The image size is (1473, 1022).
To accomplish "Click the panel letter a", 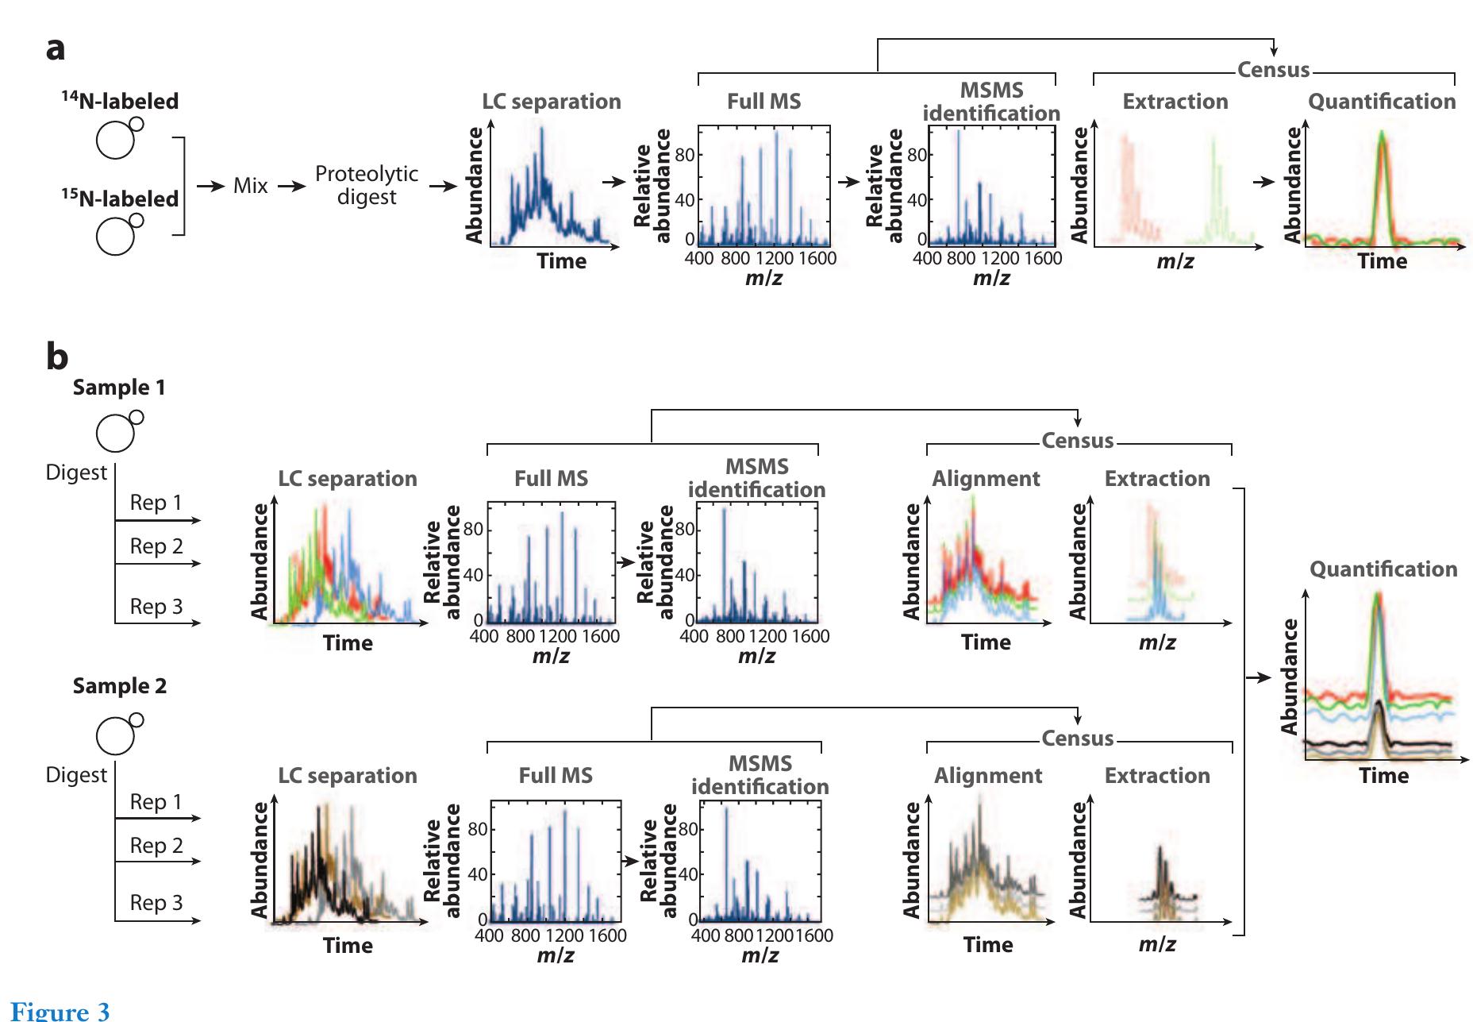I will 56,49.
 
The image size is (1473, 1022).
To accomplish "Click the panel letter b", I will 57,357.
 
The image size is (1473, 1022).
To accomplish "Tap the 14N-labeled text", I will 120,101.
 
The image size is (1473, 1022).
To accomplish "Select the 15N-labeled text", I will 120,198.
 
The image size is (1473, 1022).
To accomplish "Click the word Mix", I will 250,186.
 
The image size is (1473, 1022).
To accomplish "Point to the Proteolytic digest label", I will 366,185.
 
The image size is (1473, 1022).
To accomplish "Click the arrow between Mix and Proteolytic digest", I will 291,186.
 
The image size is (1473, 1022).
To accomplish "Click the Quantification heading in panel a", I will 1382,102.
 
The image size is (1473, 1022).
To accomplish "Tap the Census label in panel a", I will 1273,70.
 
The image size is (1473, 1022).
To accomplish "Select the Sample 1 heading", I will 119,388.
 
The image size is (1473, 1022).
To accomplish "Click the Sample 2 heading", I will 120,686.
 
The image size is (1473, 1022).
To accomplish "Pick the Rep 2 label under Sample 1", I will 156,546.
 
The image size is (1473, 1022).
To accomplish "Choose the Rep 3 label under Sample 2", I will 156,903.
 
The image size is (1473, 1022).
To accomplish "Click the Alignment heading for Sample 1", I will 986,479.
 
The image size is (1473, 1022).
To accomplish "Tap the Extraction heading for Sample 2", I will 1157,776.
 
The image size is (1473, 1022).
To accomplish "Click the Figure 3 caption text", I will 60,1010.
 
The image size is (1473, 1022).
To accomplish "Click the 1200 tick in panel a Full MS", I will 774,258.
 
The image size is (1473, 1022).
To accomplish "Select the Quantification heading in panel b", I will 1383,569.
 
